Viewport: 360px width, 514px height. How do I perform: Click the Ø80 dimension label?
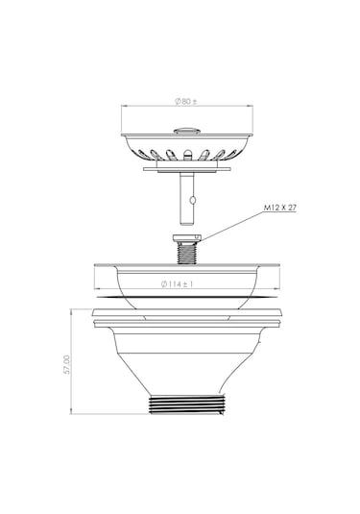pos(185,101)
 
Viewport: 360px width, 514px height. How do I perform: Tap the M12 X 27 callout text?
pos(280,208)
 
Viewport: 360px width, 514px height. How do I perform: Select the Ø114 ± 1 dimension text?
pos(177,283)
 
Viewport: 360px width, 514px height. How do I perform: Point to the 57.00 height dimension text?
pos(66,364)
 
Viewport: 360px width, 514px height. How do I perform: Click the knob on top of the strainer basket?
pos(186,131)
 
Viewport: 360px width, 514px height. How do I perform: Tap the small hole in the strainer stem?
pos(193,199)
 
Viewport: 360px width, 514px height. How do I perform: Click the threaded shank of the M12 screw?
pos(187,253)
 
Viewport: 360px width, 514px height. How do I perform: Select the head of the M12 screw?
pos(186,237)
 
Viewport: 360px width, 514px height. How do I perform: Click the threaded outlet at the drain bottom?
pos(187,404)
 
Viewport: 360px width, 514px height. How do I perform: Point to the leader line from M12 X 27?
pos(232,226)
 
